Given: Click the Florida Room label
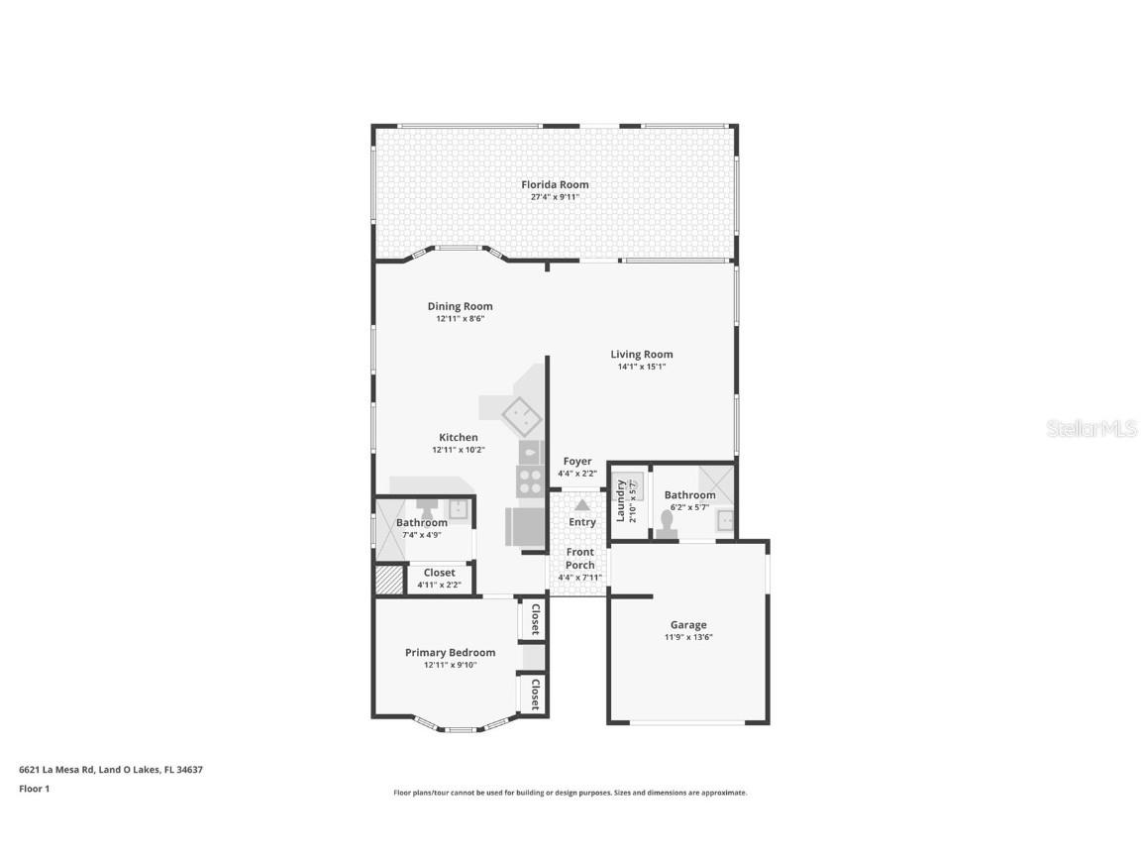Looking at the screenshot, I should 555,184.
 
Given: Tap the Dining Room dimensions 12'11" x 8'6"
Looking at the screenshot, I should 460,319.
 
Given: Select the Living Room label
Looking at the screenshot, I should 641,354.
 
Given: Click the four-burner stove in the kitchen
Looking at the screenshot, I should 530,481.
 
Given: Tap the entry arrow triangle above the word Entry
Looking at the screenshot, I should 582,505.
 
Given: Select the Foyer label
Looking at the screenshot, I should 577,461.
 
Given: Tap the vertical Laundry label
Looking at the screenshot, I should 621,500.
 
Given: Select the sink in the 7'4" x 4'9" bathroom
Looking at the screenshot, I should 458,509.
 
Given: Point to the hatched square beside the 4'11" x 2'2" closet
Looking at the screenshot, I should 389,580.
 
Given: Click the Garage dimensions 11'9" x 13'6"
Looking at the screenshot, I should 688,637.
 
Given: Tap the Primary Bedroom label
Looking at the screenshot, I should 450,652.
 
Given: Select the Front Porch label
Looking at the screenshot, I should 579,559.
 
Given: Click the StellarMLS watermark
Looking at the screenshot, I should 1092,429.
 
